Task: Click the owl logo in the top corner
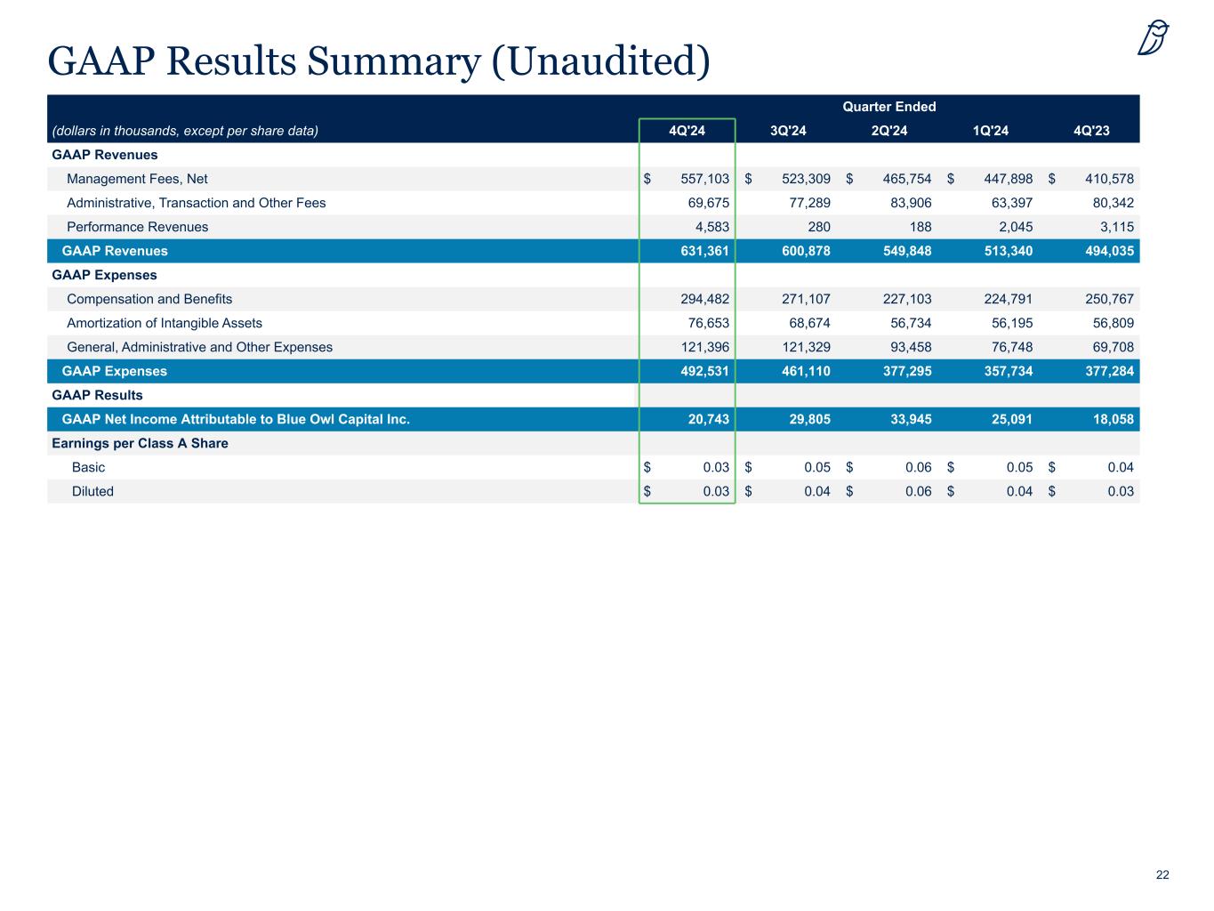pyautogui.click(x=1154, y=37)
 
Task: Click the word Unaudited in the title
pyautogui.click(x=600, y=60)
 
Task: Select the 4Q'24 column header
pyautogui.click(x=687, y=132)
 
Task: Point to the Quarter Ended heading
pyautogui.click(x=889, y=107)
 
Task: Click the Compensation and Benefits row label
pyautogui.click(x=149, y=299)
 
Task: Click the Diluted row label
pyautogui.click(x=92, y=491)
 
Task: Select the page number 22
pyautogui.click(x=1162, y=875)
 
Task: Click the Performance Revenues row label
pyautogui.click(x=137, y=227)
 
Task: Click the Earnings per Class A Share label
pyautogui.click(x=140, y=443)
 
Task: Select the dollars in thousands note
pyautogui.click(x=185, y=132)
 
